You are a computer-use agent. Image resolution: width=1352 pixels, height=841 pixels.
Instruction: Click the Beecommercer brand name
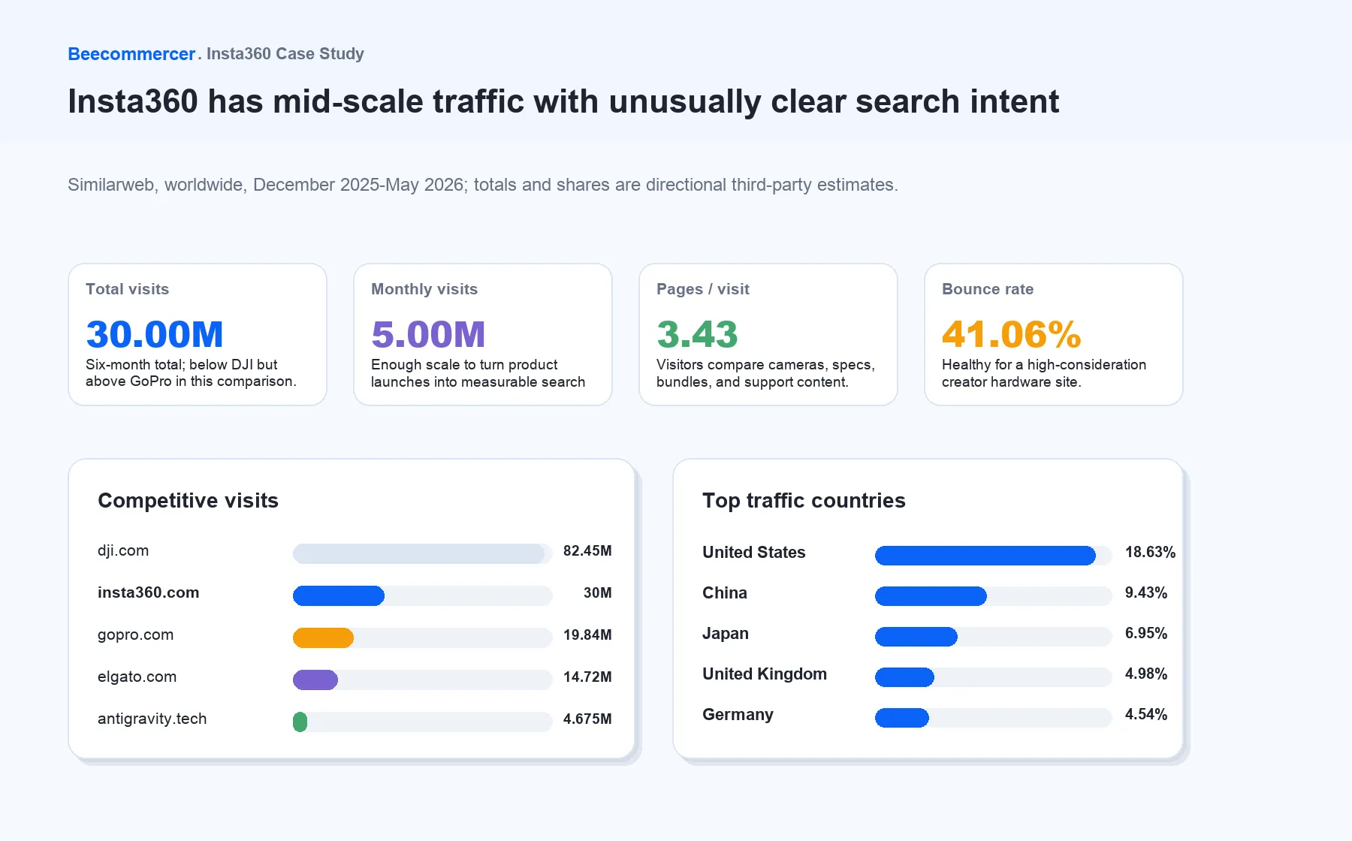click(131, 54)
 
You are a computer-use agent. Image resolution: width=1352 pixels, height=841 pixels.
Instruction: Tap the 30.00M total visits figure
click(155, 334)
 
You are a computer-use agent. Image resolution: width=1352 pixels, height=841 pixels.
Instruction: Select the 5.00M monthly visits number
click(428, 334)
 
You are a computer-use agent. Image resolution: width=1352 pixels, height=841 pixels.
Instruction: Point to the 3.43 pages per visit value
click(697, 334)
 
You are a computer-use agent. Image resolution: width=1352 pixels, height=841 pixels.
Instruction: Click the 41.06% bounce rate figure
click(1011, 334)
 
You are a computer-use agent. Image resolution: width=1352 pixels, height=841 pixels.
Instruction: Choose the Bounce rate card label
click(988, 289)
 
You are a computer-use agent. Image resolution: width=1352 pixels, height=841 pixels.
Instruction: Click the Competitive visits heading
click(188, 501)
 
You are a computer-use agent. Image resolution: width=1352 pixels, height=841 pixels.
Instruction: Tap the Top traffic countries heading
click(804, 501)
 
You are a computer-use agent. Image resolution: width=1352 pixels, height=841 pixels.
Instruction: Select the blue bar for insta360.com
click(339, 596)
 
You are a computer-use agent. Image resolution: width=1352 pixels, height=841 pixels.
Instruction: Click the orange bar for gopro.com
click(323, 638)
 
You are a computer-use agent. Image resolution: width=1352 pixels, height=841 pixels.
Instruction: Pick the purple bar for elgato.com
click(315, 680)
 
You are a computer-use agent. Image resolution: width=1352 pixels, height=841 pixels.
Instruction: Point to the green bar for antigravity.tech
click(300, 722)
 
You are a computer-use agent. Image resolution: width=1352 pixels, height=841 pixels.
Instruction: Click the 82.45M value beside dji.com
click(587, 551)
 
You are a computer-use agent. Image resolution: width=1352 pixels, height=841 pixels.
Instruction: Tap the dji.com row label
click(123, 550)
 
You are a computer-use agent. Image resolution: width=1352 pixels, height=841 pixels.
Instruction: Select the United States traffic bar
click(985, 556)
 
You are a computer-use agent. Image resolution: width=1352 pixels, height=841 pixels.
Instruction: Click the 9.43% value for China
click(1146, 593)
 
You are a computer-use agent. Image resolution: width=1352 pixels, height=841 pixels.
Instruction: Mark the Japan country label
click(726, 634)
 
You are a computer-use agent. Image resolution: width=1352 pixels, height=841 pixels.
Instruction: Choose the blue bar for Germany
click(902, 718)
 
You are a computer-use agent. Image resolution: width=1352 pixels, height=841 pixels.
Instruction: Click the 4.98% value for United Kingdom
click(1146, 674)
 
